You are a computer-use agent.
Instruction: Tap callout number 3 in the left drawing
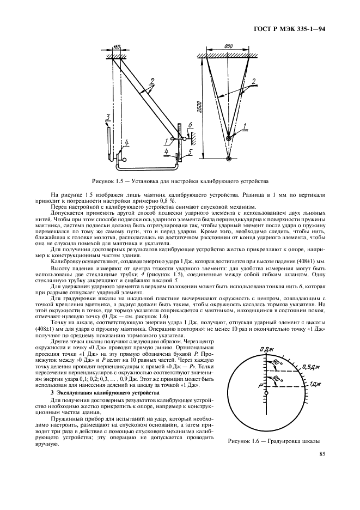click(x=108, y=118)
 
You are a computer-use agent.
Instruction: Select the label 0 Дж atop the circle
click(x=265, y=349)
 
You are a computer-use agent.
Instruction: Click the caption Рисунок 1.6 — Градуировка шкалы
click(x=274, y=441)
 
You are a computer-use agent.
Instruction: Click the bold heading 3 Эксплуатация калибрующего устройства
click(x=97, y=392)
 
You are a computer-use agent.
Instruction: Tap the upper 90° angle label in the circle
click(x=277, y=362)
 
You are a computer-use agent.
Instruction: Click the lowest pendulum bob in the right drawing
click(x=229, y=160)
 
